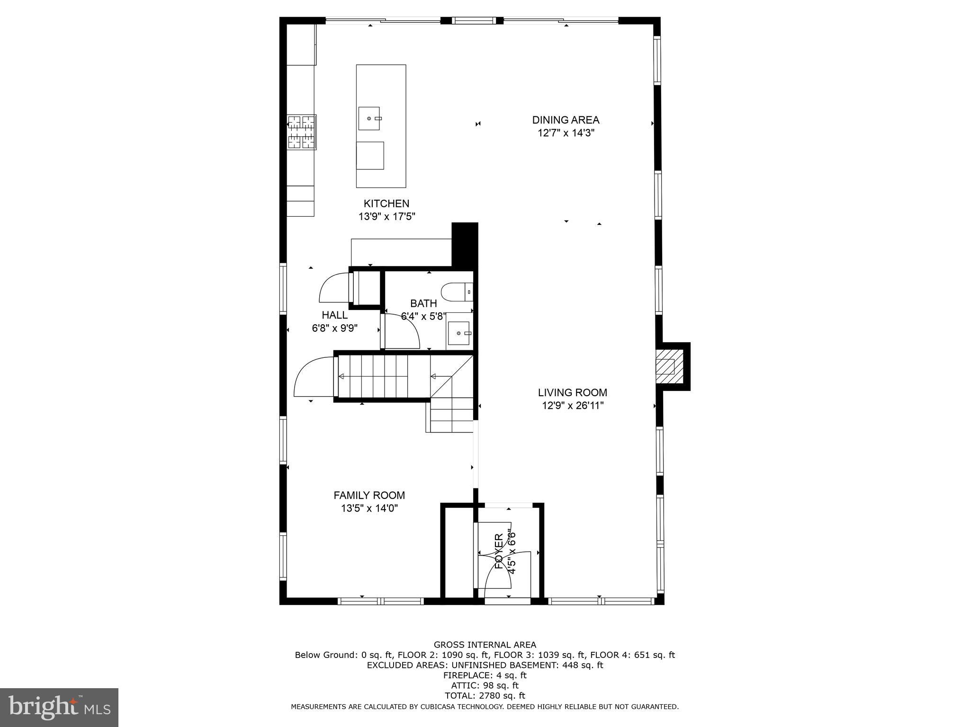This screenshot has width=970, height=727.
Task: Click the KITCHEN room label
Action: (386, 204)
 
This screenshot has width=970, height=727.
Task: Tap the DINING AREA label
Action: (566, 120)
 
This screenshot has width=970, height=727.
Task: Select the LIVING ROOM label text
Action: (572, 392)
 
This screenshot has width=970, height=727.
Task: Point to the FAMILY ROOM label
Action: (369, 495)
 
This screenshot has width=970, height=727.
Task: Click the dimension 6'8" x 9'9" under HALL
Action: (334, 328)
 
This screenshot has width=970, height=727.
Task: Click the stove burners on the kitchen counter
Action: (302, 132)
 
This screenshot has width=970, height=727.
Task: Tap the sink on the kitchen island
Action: (369, 118)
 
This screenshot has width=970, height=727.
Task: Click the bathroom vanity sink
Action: (459, 333)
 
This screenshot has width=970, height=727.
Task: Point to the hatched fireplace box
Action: (669, 366)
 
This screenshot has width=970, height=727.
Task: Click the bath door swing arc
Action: (402, 331)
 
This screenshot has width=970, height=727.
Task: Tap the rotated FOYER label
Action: (499, 551)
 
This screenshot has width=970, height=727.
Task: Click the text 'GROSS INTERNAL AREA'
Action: (485, 645)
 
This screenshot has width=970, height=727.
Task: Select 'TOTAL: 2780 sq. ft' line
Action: (485, 696)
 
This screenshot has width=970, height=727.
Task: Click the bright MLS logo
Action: (59, 708)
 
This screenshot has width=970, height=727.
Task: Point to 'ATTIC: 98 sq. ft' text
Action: (485, 685)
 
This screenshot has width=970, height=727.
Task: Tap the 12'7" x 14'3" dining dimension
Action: (566, 133)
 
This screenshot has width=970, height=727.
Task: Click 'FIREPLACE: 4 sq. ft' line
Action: (485, 675)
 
